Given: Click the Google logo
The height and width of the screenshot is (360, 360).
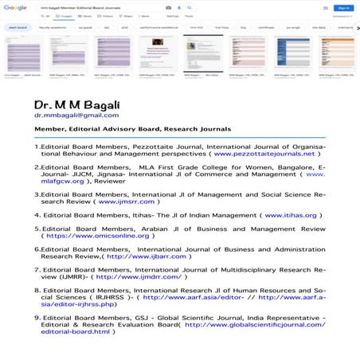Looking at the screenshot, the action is click(x=14, y=7).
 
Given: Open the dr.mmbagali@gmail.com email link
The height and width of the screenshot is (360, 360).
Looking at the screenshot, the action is click(x=70, y=115).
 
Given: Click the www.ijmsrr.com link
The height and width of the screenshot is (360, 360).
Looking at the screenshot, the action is click(x=126, y=202).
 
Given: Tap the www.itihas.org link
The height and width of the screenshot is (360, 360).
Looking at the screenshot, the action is click(x=291, y=215).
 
